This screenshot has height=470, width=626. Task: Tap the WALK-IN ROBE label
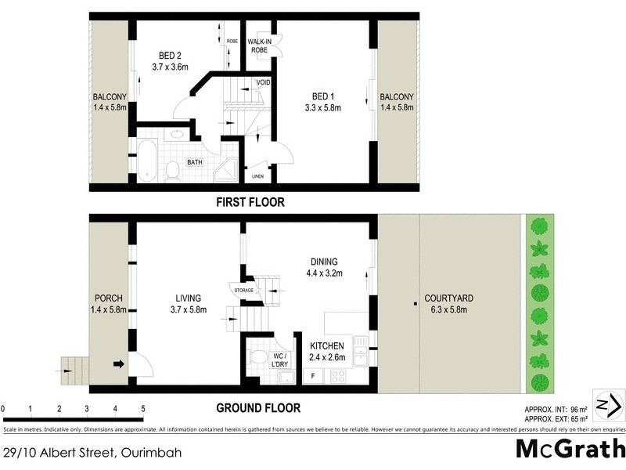pos(259,45)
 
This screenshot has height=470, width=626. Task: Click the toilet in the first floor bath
pos(173,168)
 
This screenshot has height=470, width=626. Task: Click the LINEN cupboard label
pos(257,177)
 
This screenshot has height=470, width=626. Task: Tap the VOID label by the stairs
pos(263,82)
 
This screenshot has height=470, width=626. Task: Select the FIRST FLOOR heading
pos(250,202)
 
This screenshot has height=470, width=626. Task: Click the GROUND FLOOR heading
pos(258,408)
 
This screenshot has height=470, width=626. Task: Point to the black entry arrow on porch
pos(118,363)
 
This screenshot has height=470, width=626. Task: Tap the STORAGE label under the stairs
pos(243,291)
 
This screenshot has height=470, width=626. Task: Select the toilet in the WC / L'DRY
pos(257,357)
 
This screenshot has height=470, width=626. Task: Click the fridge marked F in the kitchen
pos(314,376)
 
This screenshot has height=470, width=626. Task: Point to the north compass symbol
pos(607,404)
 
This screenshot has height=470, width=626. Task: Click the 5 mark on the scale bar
pos(143,409)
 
